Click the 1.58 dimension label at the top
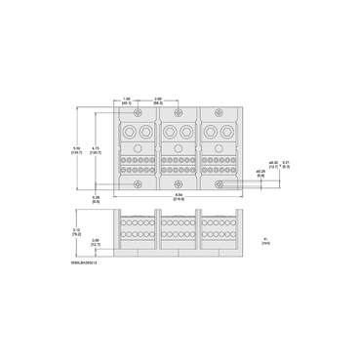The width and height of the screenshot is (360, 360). (x=128, y=100)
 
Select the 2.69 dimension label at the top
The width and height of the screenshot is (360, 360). (x=158, y=100)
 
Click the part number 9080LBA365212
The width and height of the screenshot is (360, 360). (x=87, y=262)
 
